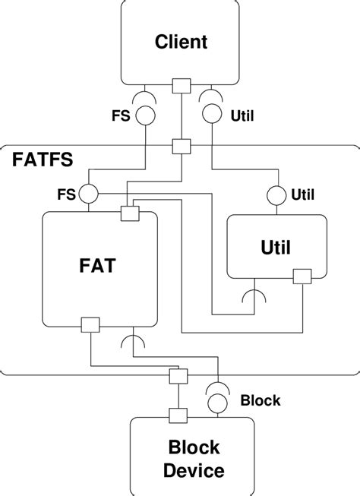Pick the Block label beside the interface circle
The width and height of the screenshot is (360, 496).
pos(261,400)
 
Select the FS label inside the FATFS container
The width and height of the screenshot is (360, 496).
pos(66,194)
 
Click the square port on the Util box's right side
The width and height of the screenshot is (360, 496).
pos(303,276)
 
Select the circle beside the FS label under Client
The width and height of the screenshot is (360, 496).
pos(145,116)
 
